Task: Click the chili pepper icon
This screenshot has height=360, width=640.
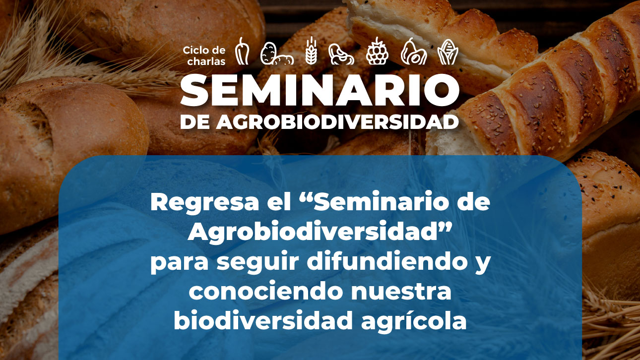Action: click(242, 51)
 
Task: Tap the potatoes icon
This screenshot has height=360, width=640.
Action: click(277, 54)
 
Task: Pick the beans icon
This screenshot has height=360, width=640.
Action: click(341, 54)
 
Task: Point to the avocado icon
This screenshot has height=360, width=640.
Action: click(413, 52)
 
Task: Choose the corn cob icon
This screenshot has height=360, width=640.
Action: click(448, 52)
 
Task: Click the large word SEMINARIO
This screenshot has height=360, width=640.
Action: click(320, 91)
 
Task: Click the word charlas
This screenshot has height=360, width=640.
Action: click(206, 61)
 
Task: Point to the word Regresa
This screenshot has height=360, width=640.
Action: click(204, 203)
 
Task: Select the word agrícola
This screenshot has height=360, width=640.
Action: click(414, 322)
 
